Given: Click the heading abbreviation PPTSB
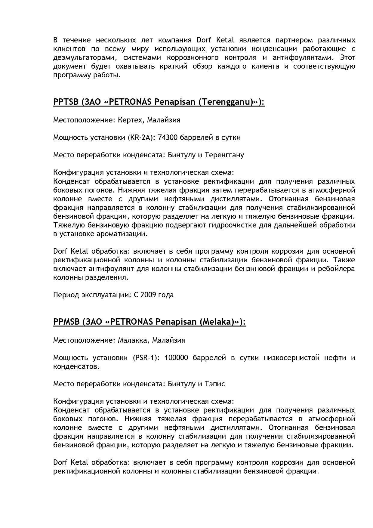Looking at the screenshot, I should coord(66,102).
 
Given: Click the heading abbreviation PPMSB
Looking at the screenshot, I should coord(66,322).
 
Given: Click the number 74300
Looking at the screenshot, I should coord(167,137).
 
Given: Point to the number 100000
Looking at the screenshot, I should coord(177,358).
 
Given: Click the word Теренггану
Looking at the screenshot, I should coord(224,155).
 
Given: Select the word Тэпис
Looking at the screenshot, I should coord(215,384).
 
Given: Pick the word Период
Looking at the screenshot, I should coord(66,295).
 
